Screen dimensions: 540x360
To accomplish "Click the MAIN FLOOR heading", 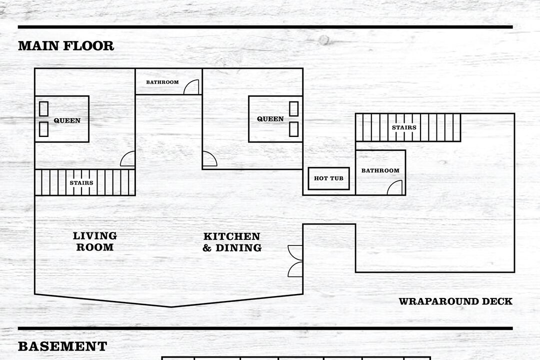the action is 66,46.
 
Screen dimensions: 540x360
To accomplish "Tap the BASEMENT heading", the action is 62,346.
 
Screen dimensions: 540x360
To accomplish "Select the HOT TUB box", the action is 328,178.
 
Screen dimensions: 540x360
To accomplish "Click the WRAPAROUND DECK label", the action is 455,301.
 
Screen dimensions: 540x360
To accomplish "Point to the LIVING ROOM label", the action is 94,241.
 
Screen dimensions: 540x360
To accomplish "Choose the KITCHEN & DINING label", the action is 232,242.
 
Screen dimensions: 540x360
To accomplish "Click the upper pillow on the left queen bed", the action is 43,109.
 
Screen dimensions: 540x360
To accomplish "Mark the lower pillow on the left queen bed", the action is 43,129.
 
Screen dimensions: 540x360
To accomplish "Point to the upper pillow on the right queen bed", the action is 294,109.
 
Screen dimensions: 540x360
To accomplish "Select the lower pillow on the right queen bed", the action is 294,129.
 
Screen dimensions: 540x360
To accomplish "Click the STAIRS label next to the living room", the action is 81,183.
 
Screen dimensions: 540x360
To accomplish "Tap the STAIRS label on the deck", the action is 404,127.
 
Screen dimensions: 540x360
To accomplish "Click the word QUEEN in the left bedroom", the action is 67,120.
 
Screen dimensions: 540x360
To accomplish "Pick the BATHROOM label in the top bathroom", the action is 162,82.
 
